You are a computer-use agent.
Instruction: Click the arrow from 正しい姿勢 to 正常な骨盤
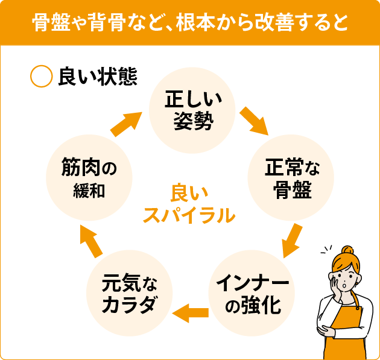pos(253,121)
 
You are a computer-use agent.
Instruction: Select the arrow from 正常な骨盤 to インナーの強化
pos(292,240)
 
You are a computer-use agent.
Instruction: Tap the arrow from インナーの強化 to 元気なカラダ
pos(191,312)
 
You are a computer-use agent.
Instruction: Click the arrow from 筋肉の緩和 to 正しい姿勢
pos(127,122)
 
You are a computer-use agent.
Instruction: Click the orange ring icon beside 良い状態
pos(41,76)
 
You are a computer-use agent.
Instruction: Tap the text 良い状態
pos(97,77)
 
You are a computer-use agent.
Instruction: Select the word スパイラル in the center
pos(189,215)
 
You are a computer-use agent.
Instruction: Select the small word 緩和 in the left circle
pos(89,191)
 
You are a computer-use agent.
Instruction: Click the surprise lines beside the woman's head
pos(326,251)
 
